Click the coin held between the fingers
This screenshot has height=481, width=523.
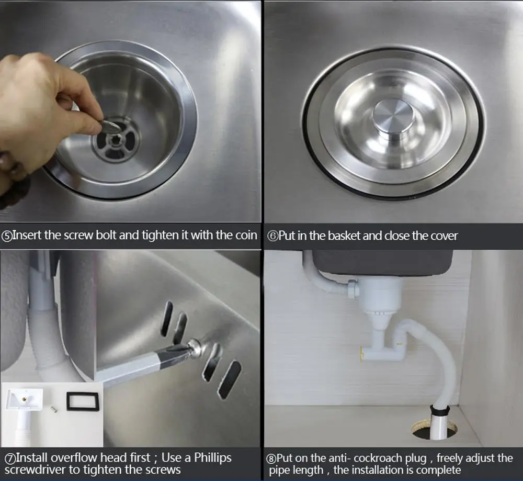point(110,126)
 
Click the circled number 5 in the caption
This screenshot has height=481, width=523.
point(7,237)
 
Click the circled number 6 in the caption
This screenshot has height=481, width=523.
point(272,237)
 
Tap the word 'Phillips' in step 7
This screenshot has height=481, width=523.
point(213,458)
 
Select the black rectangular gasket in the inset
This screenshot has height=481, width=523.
point(83,401)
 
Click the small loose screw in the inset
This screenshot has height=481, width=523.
point(54,408)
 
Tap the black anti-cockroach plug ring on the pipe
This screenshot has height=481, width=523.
point(440,410)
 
